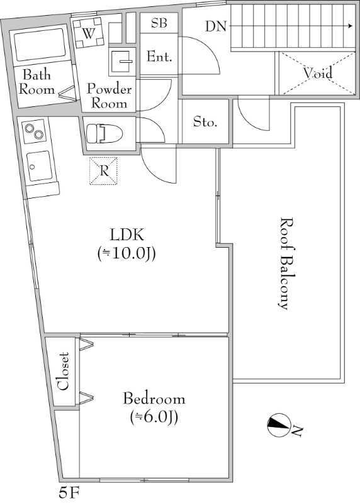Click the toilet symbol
(104, 133)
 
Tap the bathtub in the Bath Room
(40, 45)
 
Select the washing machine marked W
(89, 33)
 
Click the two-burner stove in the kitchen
(35, 130)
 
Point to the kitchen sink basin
(39, 165)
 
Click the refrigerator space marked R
(103, 171)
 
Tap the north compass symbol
(278, 425)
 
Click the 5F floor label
(69, 493)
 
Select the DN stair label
(216, 26)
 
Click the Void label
(318, 73)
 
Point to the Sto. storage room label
(205, 122)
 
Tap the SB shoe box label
(159, 23)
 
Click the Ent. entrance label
(159, 57)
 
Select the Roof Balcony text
(284, 263)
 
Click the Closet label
(63, 371)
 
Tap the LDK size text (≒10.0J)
(127, 254)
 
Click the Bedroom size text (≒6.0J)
(154, 417)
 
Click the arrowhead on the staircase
(351, 26)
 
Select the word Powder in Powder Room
(110, 89)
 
